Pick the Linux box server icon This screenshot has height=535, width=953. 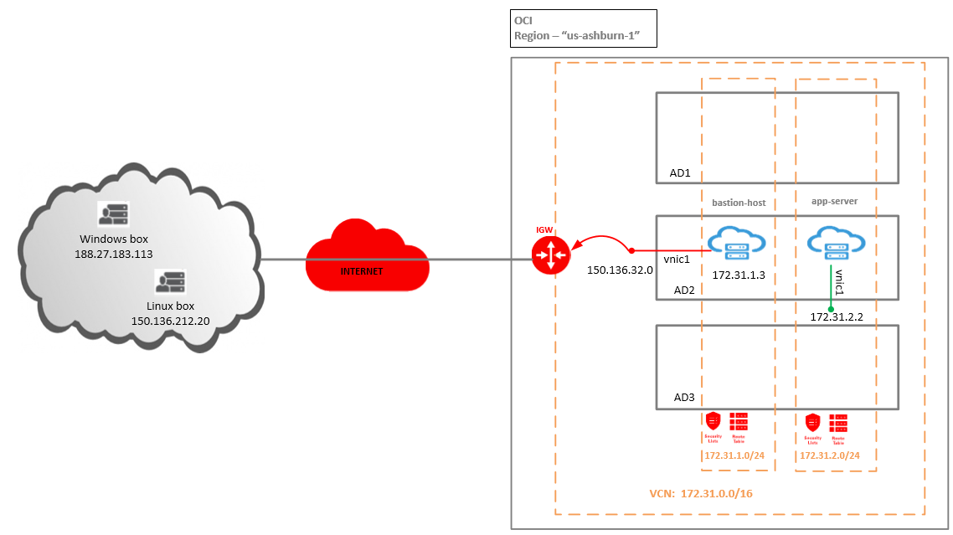pyautogui.click(x=171, y=282)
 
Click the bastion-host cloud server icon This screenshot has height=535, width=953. pyautogui.click(x=738, y=244)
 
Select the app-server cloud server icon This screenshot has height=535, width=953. pyautogui.click(x=834, y=244)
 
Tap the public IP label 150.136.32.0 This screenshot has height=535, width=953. pyautogui.click(x=619, y=270)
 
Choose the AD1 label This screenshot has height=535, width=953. pyautogui.click(x=680, y=172)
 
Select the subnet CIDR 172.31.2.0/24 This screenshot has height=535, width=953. pyautogui.click(x=830, y=455)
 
